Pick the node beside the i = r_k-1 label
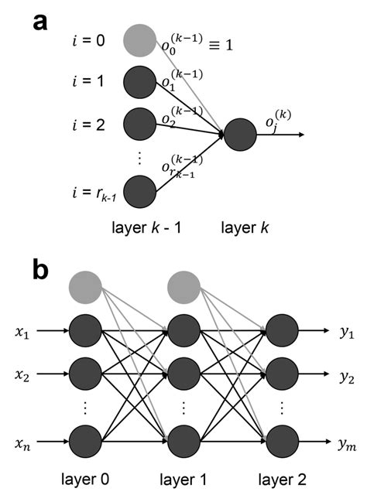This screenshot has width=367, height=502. click(x=140, y=190)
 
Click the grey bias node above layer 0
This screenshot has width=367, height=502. click(x=85, y=288)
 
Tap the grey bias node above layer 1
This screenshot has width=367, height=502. click(x=184, y=288)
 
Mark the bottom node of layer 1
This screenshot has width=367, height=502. click(x=184, y=442)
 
